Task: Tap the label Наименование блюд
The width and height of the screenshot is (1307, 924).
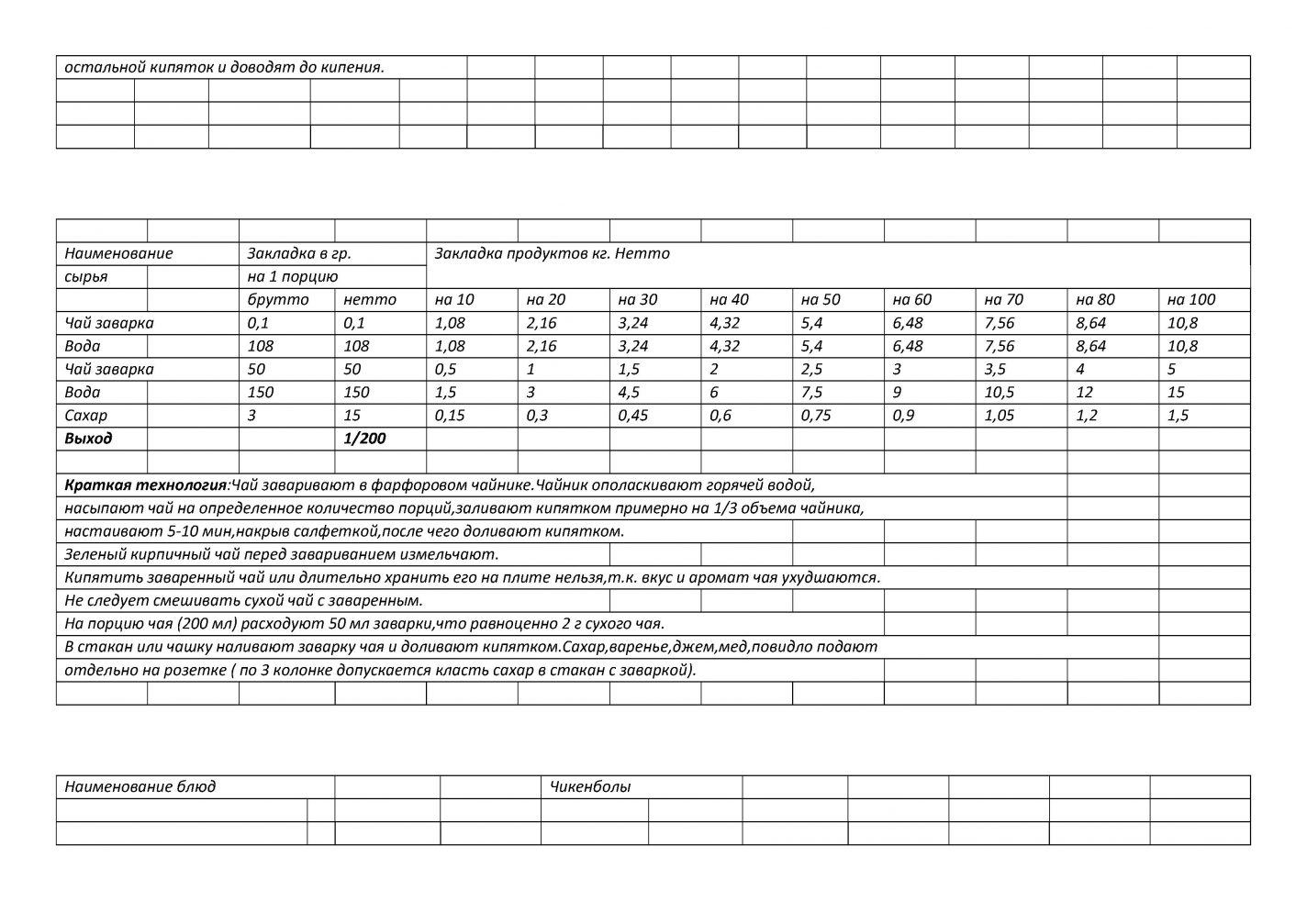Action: (140, 787)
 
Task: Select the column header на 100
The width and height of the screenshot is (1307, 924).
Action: (1190, 300)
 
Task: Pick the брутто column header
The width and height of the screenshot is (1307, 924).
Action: (278, 300)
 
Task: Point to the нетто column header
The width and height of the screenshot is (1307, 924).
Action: (370, 300)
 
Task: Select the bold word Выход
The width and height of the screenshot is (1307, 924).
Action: (88, 439)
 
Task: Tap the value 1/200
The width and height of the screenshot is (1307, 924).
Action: (364, 439)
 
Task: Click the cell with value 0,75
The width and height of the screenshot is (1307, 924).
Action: (818, 416)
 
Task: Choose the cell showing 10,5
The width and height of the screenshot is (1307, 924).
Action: (999, 393)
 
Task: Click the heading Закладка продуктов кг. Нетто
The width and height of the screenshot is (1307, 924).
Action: (553, 254)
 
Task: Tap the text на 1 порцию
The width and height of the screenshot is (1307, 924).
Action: (293, 277)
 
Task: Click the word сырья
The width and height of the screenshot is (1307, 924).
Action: (85, 277)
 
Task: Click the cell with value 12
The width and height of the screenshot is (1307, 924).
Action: (1085, 393)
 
